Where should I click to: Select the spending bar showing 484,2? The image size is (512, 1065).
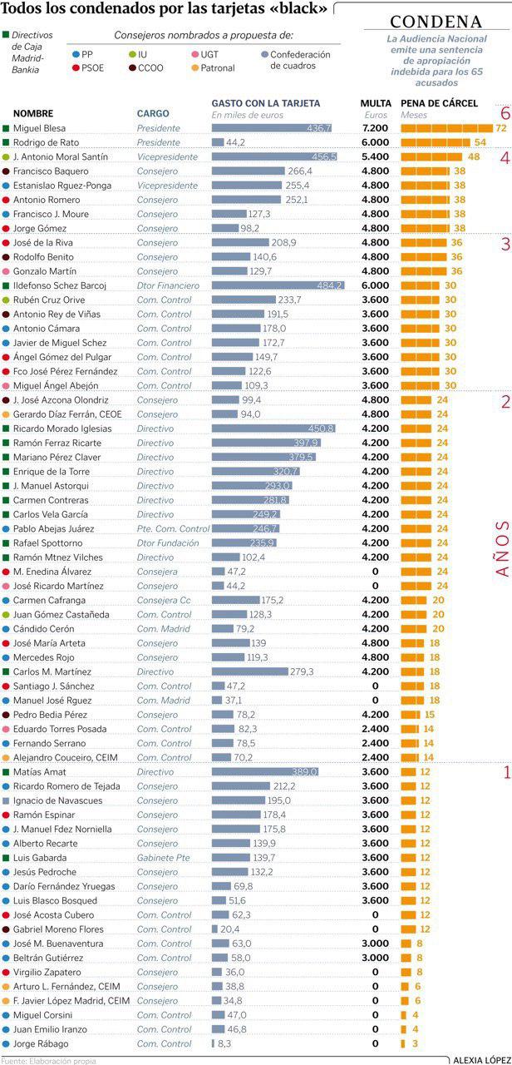(x=278, y=285)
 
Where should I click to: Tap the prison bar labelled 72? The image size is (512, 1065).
(x=446, y=128)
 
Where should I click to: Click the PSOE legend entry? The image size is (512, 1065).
(x=92, y=68)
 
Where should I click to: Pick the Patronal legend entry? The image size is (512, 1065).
(x=218, y=68)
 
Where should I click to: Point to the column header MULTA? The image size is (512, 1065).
(x=376, y=103)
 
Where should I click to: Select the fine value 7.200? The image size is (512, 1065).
(x=376, y=128)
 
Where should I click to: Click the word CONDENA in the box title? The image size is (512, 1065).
(x=436, y=22)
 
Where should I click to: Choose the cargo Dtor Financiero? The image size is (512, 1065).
(x=169, y=285)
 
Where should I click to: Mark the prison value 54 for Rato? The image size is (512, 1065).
(x=480, y=142)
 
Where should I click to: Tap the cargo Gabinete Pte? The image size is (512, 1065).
(x=164, y=857)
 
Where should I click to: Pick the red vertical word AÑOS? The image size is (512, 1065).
(x=501, y=549)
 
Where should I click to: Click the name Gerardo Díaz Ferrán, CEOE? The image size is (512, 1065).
(x=67, y=414)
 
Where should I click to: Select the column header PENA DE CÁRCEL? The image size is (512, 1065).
(x=439, y=103)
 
